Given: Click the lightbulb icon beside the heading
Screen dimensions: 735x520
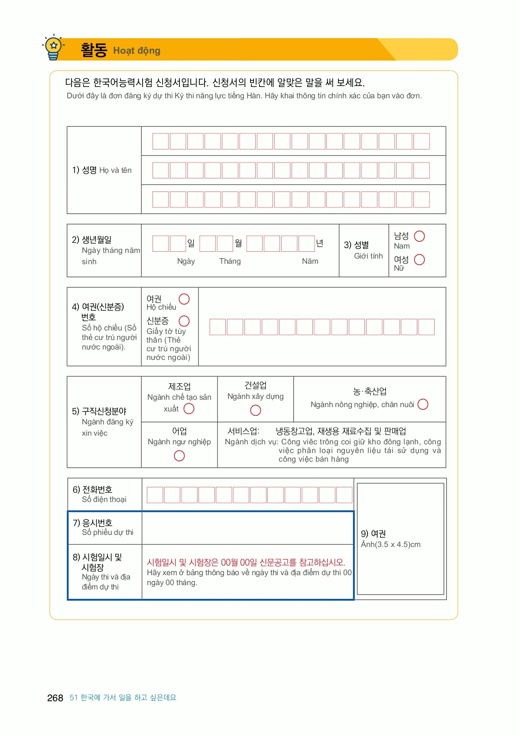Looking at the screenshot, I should pyautogui.click(x=53, y=47).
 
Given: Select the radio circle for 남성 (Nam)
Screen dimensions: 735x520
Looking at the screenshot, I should pyautogui.click(x=419, y=236).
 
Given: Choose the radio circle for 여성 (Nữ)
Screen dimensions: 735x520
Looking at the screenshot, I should pyautogui.click(x=419, y=259).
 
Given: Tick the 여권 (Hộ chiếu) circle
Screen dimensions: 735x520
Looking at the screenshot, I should pyautogui.click(x=184, y=299).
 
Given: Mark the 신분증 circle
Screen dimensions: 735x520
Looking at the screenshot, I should pyautogui.click(x=184, y=321).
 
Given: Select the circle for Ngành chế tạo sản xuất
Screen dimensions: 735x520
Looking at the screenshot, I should pyautogui.click(x=189, y=409).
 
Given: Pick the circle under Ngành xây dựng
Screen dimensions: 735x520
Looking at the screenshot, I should pyautogui.click(x=256, y=410).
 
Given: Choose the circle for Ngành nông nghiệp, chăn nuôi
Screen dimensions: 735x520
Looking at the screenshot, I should pyautogui.click(x=423, y=404).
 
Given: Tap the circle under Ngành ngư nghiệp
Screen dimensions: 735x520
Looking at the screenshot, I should pyautogui.click(x=179, y=456).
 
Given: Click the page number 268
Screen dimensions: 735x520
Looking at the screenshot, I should pyautogui.click(x=55, y=698).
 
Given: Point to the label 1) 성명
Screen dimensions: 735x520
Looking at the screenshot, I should pyautogui.click(x=84, y=170).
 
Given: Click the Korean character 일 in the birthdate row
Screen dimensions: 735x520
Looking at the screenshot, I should pyautogui.click(x=191, y=243).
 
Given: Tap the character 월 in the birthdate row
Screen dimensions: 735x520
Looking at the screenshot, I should pyautogui.click(x=238, y=243).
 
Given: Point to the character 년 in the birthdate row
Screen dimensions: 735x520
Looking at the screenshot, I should pyautogui.click(x=320, y=243).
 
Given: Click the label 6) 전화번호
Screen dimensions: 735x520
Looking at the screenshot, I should pyautogui.click(x=93, y=489).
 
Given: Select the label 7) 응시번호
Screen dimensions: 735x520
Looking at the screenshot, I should pyautogui.click(x=93, y=523).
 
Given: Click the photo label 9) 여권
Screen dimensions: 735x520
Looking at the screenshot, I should pyautogui.click(x=373, y=534).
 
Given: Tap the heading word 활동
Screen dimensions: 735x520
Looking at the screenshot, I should pyautogui.click(x=94, y=50).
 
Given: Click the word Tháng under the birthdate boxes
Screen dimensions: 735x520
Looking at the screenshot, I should pyautogui.click(x=230, y=261).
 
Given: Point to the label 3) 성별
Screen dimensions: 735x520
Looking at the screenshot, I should pyautogui.click(x=356, y=245).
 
